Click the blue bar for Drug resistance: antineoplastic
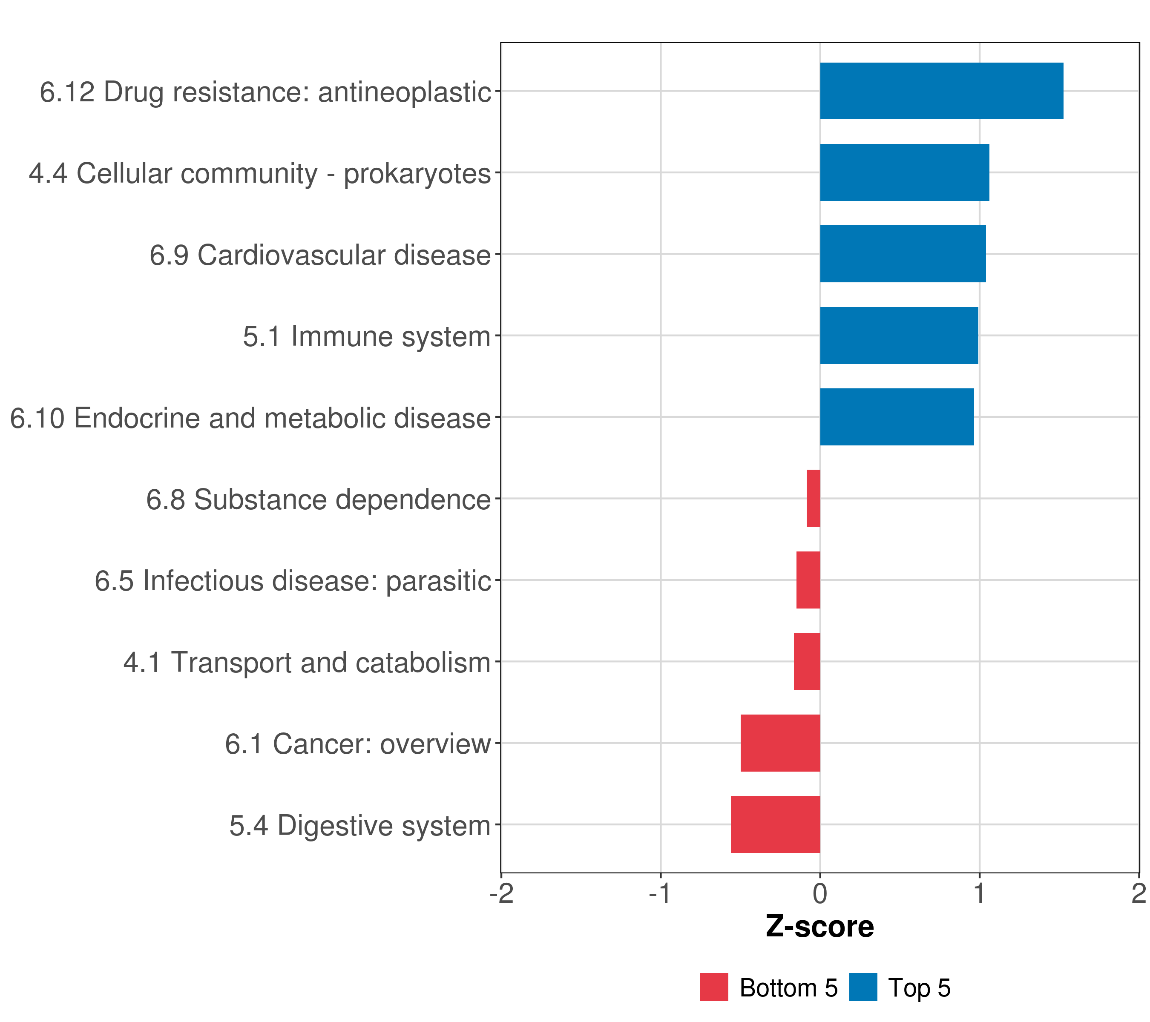coord(941,91)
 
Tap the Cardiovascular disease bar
coord(903,254)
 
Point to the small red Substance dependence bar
coord(813,498)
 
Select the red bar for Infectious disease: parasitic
coord(808,580)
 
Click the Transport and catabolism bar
coord(807,661)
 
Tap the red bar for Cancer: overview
coord(780,743)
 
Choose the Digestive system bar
coord(775,824)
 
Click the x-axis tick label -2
coord(501,893)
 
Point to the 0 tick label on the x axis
coord(820,893)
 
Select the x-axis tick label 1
coord(980,893)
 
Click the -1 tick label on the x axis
coord(660,893)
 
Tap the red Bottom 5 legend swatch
coord(714,987)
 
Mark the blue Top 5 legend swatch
coord(863,987)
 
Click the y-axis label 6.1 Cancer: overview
coord(358,744)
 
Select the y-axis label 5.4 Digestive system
coord(360,825)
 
